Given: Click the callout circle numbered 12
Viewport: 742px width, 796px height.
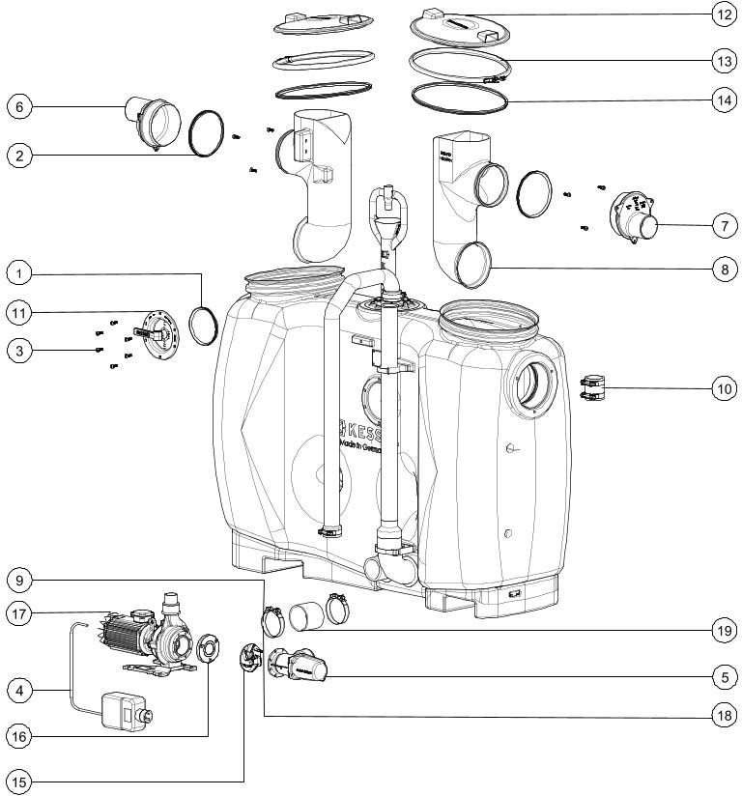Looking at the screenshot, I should coord(724,15).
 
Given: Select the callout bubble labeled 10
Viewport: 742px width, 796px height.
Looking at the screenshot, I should coord(724,389).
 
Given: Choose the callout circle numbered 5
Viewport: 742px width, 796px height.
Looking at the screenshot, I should coord(724,678).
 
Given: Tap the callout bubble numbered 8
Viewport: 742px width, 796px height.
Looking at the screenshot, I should coord(724,270).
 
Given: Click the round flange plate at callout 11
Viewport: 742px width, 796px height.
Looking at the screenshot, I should coord(158,330).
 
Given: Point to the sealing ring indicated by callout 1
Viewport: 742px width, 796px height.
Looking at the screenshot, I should coord(204,324).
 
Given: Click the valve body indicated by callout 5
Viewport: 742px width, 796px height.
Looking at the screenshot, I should coord(302,667).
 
